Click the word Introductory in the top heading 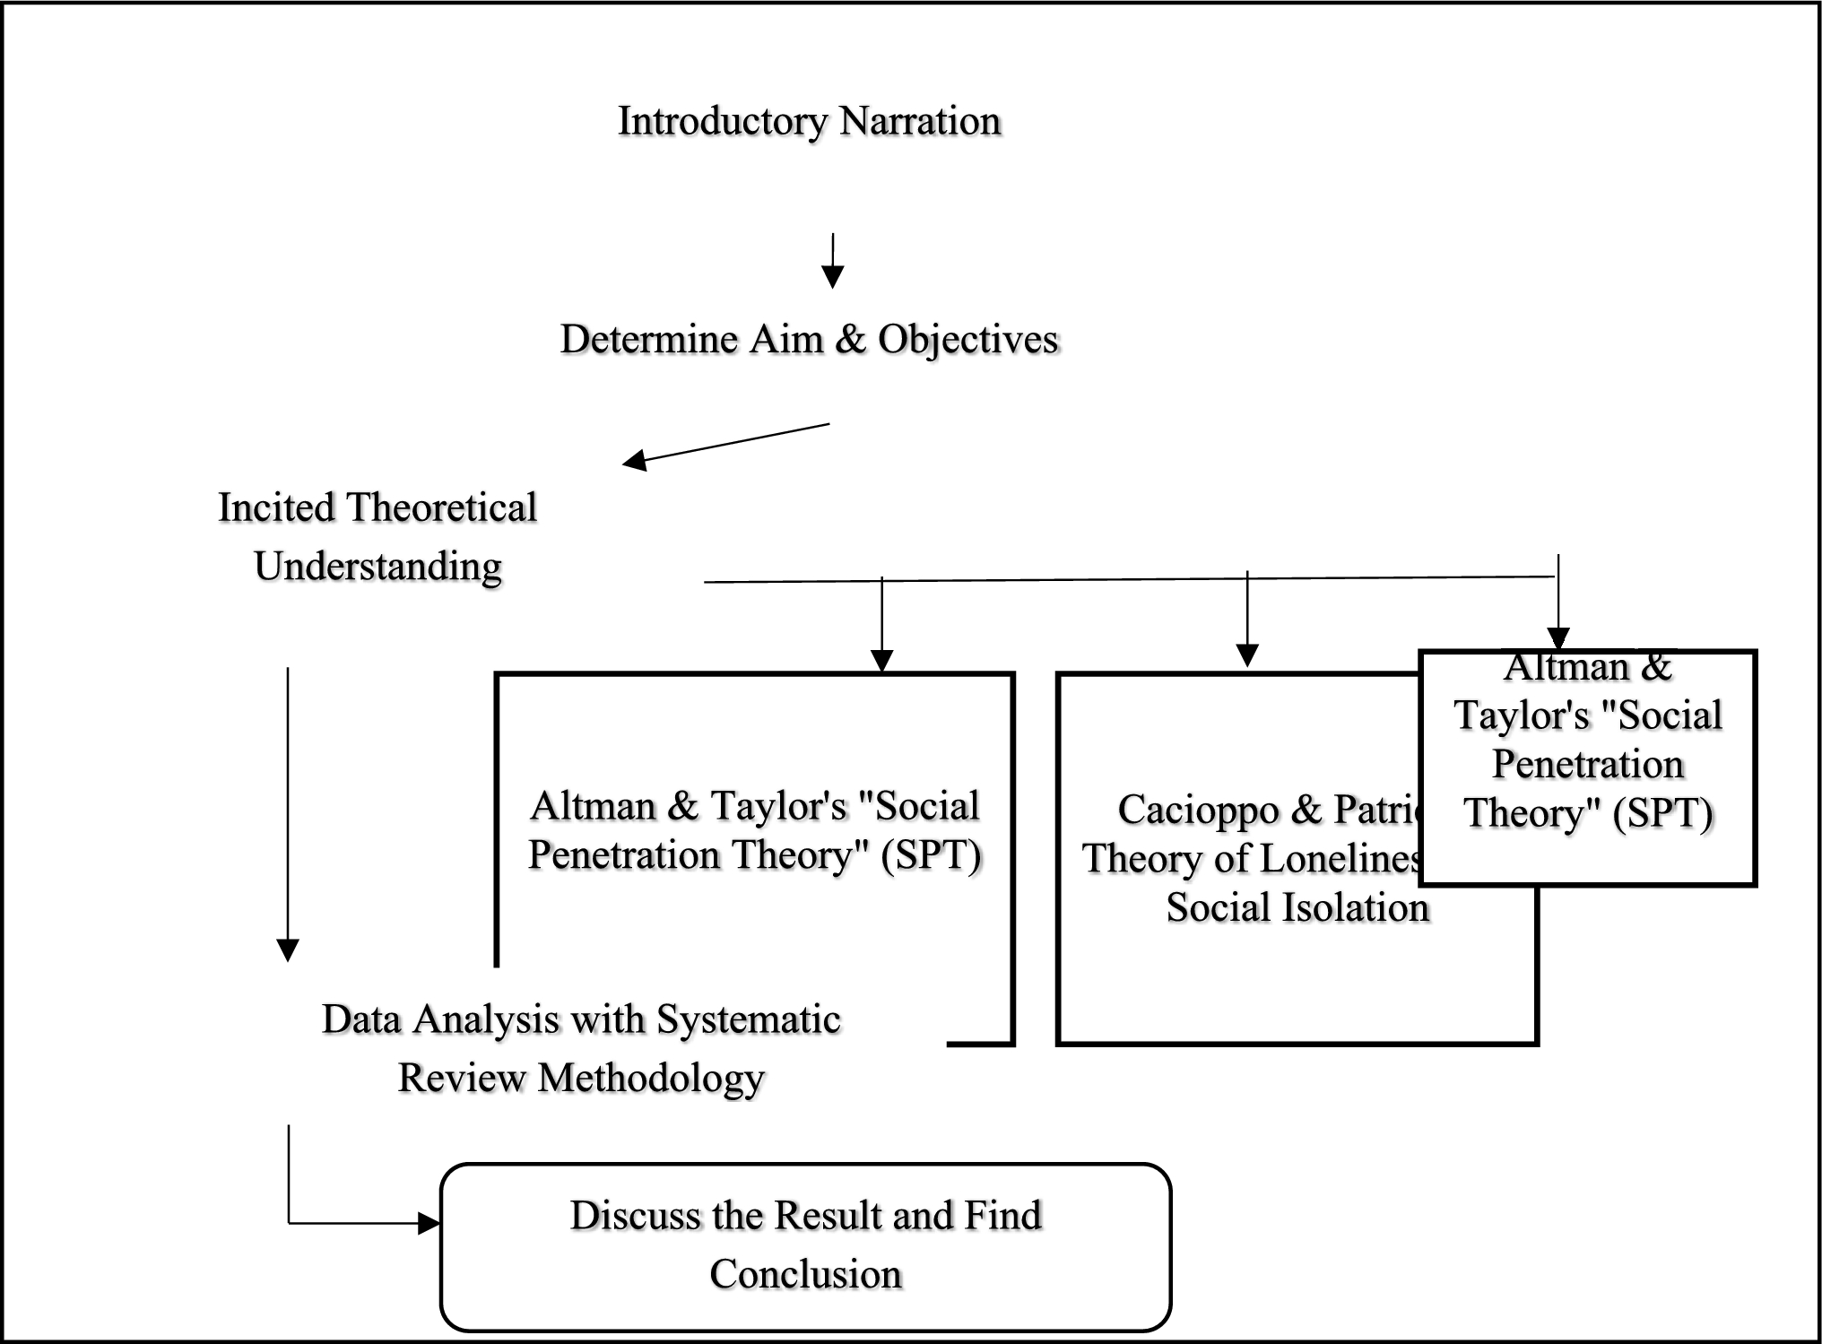[x=722, y=122]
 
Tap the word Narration [x=920, y=122]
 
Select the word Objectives [x=968, y=340]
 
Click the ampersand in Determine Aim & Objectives [x=850, y=340]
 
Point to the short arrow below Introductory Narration [x=833, y=262]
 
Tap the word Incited [x=275, y=508]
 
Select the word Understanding [x=377, y=568]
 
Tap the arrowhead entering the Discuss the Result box [x=429, y=1223]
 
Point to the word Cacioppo [x=1198, y=811]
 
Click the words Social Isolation [x=1297, y=908]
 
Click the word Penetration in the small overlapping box [x=1587, y=765]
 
